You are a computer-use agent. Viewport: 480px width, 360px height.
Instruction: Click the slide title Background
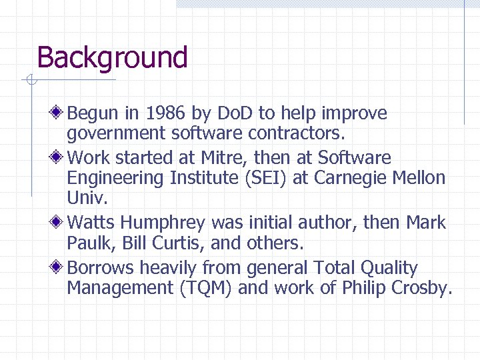point(112,58)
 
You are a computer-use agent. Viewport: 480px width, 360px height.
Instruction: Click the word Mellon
point(419,178)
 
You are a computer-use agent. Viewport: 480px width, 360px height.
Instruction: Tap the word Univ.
point(87,198)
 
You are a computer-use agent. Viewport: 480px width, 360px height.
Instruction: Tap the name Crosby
point(421,288)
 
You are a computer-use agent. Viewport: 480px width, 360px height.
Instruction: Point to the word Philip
point(365,288)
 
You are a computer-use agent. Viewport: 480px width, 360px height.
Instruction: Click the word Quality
point(389,268)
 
